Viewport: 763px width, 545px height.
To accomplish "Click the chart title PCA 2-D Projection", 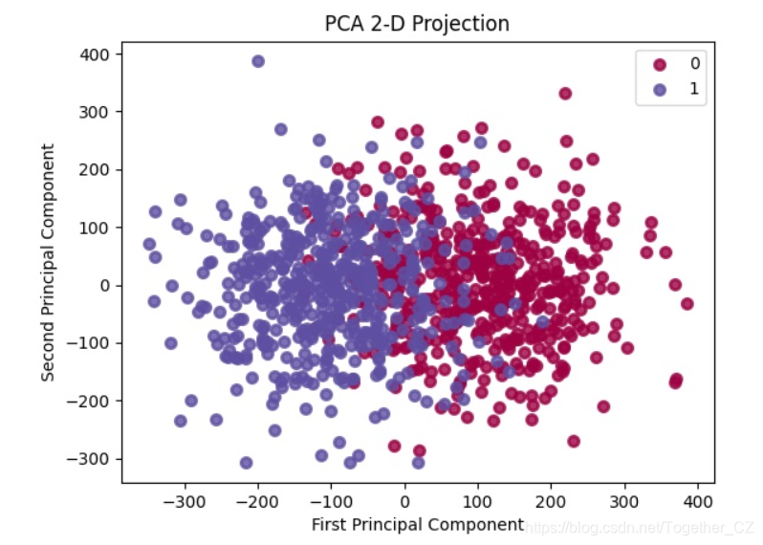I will [x=418, y=22].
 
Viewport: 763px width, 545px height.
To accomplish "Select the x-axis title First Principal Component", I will [x=417, y=524].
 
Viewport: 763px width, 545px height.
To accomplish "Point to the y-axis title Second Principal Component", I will [x=47, y=262].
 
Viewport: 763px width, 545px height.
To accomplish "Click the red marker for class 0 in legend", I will [x=660, y=65].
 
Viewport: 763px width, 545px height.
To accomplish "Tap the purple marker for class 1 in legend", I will [x=660, y=88].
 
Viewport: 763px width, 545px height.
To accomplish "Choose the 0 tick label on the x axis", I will [x=404, y=500].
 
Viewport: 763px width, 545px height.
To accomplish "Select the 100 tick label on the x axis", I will [x=478, y=500].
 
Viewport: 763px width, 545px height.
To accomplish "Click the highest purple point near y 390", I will [x=258, y=61].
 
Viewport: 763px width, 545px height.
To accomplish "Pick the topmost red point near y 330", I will [x=565, y=94].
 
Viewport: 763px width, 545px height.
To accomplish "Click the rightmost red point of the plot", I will [x=687, y=304].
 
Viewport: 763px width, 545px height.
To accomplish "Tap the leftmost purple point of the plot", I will [x=149, y=245].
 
